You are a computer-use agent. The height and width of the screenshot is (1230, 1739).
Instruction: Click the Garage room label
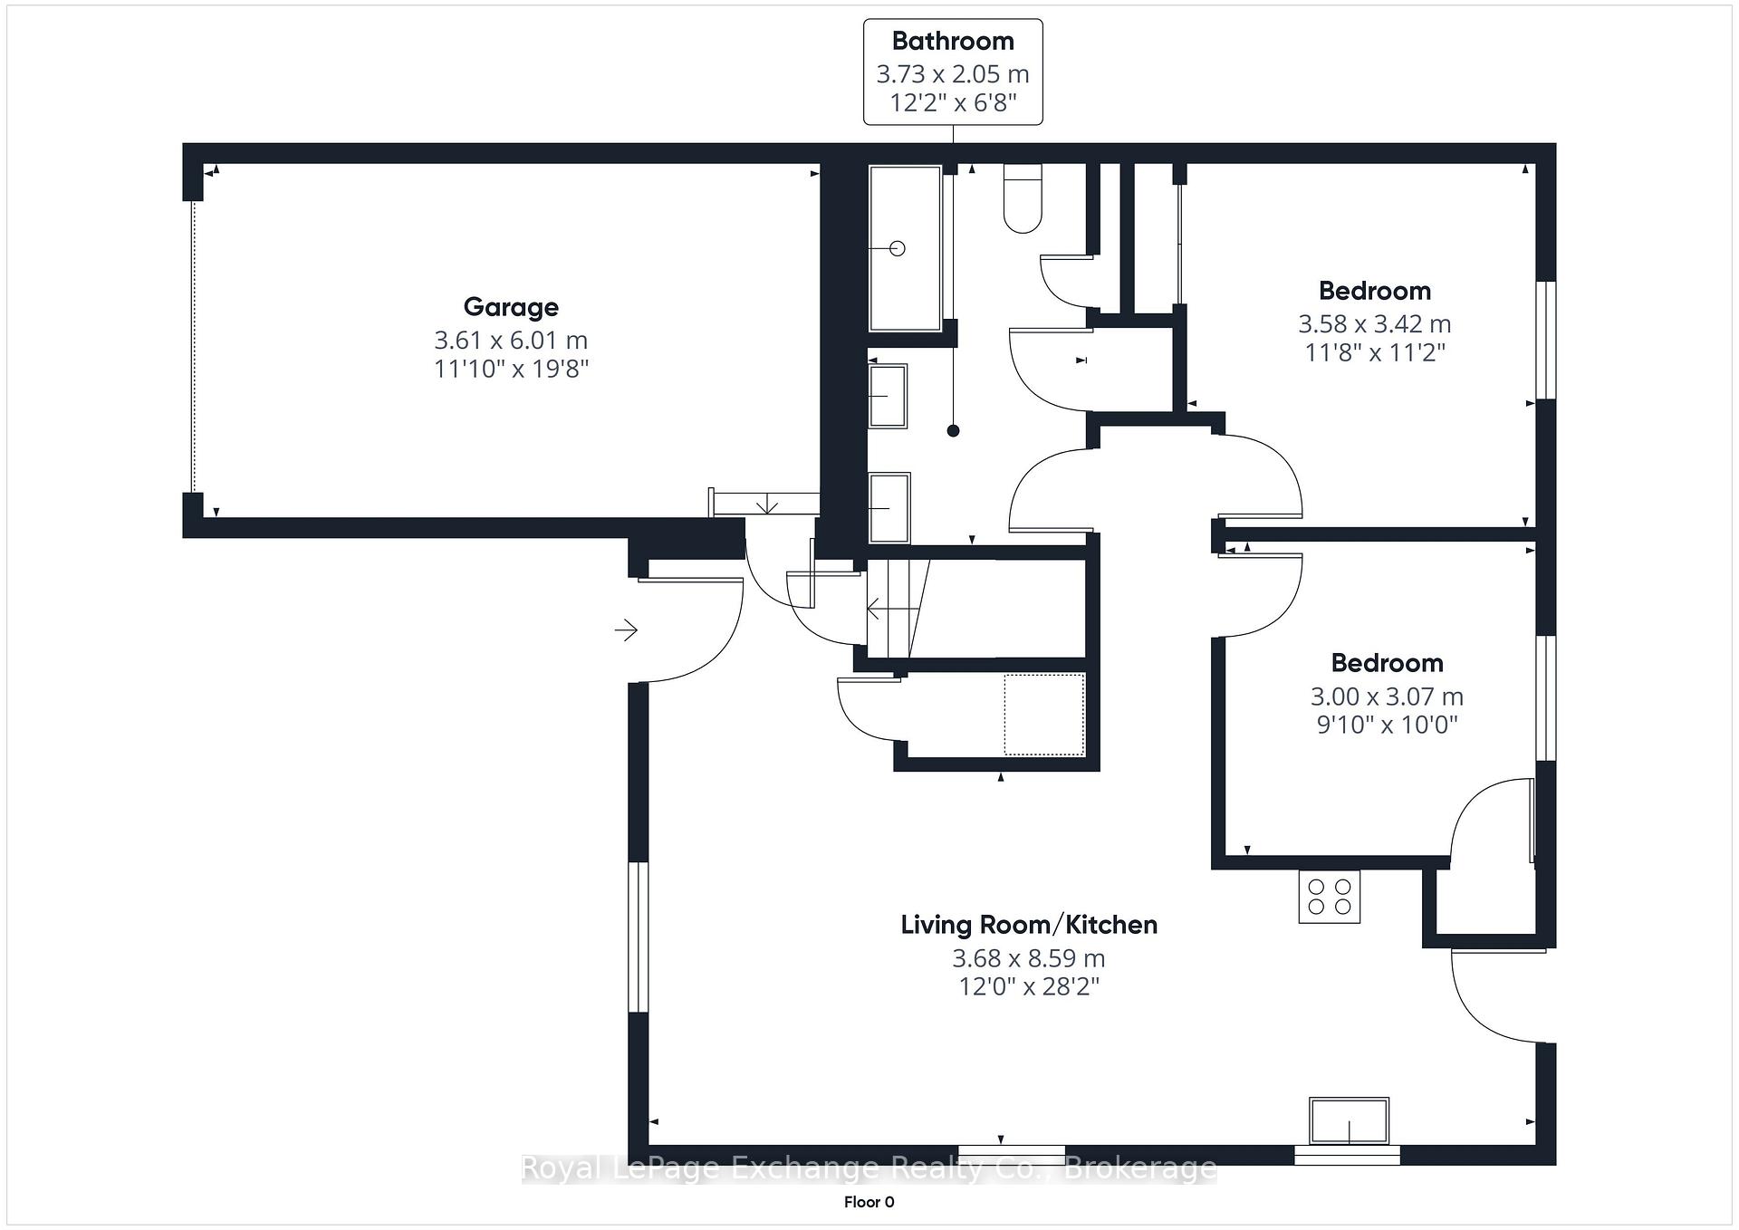[x=511, y=307]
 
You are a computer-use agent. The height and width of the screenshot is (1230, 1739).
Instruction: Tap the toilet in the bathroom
[x=1023, y=197]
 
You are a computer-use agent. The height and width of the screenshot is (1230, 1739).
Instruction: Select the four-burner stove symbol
[x=1329, y=897]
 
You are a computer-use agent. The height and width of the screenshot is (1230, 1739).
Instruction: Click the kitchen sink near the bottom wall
[x=1349, y=1121]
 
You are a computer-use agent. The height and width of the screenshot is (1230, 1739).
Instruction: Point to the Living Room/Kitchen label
[x=1029, y=925]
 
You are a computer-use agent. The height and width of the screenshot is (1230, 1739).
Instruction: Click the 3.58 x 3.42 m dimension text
[x=1374, y=323]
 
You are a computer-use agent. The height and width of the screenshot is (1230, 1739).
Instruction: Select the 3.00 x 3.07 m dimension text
[x=1387, y=697]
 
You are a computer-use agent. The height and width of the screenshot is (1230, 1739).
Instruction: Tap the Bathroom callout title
[x=953, y=41]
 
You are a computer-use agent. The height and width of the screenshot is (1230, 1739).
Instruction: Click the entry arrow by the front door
[x=626, y=629]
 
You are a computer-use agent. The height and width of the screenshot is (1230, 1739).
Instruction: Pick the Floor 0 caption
[x=869, y=1202]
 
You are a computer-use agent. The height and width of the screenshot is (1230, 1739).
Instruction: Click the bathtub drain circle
[x=898, y=248]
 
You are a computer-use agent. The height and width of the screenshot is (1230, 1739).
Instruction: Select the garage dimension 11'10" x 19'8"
[x=511, y=369]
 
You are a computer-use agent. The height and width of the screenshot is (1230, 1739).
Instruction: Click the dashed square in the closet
[x=1044, y=715]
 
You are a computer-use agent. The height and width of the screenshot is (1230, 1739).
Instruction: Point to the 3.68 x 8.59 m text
[x=1029, y=957]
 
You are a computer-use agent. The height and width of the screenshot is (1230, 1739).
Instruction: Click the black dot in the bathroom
[x=953, y=431]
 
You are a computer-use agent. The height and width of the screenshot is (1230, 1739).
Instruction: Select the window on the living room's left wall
[x=639, y=937]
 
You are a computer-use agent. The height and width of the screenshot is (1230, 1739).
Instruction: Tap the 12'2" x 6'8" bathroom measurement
[x=953, y=102]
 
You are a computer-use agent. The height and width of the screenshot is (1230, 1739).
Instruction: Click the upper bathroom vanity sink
[x=889, y=396]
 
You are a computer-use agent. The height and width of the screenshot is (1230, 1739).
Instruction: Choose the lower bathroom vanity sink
[x=889, y=508]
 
